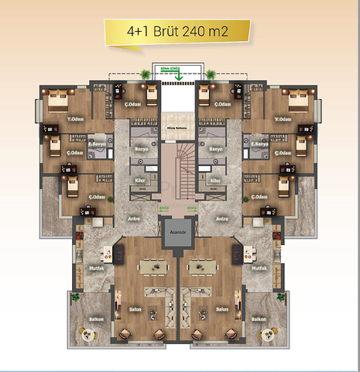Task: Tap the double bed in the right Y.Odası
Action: pos(299,100)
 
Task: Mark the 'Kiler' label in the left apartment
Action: pos(141,180)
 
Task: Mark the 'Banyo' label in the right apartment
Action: pos(216,148)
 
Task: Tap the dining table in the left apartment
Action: pos(153,266)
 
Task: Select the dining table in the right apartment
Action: pos(204,266)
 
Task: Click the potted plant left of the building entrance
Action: pos(146,74)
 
